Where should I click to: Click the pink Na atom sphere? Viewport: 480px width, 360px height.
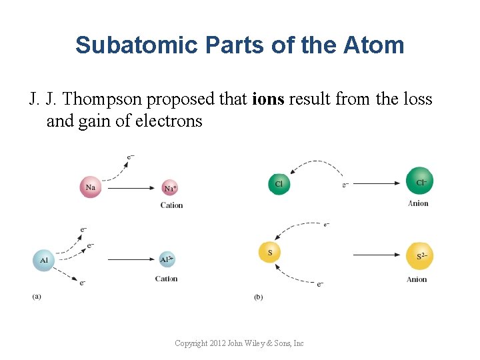pyautogui.click(x=91, y=187)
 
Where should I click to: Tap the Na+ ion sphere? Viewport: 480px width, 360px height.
pyautogui.click(x=170, y=188)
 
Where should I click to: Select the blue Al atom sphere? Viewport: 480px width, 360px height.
pyautogui.click(x=43, y=259)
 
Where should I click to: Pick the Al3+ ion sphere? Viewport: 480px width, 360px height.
pyautogui.click(x=167, y=259)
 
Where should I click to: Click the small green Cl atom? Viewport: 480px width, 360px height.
pyautogui.click(x=279, y=184)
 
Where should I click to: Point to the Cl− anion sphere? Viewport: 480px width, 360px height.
pyautogui.click(x=420, y=181)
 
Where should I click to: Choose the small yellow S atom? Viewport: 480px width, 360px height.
pyautogui.click(x=269, y=253)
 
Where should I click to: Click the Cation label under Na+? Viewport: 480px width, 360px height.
pyautogui.click(x=171, y=205)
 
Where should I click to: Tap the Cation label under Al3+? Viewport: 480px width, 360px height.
pyautogui.click(x=167, y=279)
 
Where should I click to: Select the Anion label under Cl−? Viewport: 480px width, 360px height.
pyautogui.click(x=418, y=203)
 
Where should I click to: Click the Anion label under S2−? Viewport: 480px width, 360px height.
pyautogui.click(x=417, y=279)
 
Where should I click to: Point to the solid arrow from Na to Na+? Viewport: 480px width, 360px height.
pyautogui.click(x=130, y=189)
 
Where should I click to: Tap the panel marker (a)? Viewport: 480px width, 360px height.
pyautogui.click(x=36, y=296)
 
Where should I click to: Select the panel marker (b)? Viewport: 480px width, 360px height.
pyautogui.click(x=258, y=297)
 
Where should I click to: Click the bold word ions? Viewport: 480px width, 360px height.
pyautogui.click(x=268, y=100)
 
